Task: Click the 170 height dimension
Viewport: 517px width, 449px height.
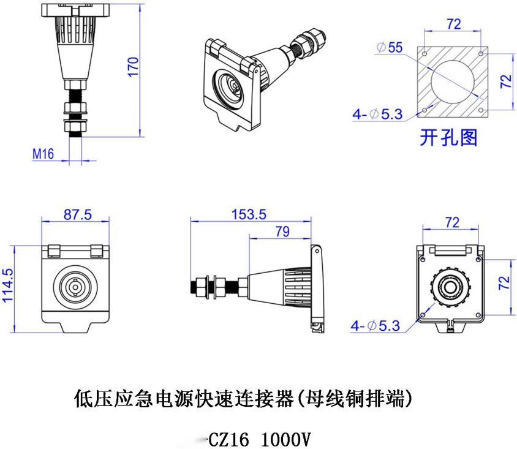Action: [x=133, y=67]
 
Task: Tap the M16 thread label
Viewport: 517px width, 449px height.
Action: [x=43, y=154]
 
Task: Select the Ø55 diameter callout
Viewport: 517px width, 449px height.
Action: [x=390, y=47]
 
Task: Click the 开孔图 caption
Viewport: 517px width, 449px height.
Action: [x=448, y=137]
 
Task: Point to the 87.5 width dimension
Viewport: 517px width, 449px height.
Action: [x=78, y=214]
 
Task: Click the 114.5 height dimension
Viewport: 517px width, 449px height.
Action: [x=7, y=285]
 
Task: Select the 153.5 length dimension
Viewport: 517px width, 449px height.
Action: [x=249, y=214]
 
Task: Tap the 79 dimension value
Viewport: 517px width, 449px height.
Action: [x=282, y=232]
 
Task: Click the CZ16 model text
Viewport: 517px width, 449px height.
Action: [x=228, y=439]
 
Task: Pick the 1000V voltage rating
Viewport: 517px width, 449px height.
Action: [x=286, y=439]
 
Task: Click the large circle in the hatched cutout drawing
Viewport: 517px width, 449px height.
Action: [x=452, y=81]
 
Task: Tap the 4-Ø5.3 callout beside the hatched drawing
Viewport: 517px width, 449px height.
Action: [x=378, y=114]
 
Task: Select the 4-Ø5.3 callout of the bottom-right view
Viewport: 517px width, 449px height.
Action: [x=375, y=326]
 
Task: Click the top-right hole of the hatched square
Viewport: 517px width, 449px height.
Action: [x=481, y=53]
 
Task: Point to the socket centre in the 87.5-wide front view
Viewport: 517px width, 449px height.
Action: [x=75, y=287]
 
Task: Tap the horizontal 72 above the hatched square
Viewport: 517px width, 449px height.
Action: [x=454, y=24]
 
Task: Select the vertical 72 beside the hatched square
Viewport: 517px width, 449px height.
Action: [x=506, y=81]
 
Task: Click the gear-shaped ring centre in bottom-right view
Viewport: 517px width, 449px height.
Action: [x=450, y=287]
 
